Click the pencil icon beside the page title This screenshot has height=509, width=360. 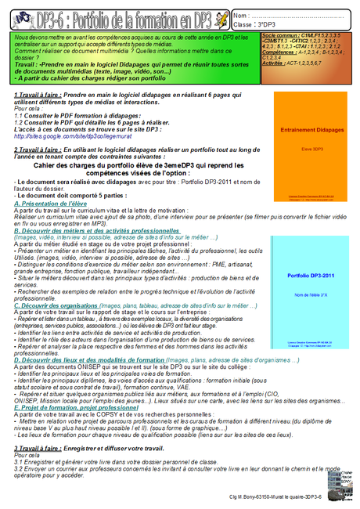[222, 16]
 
